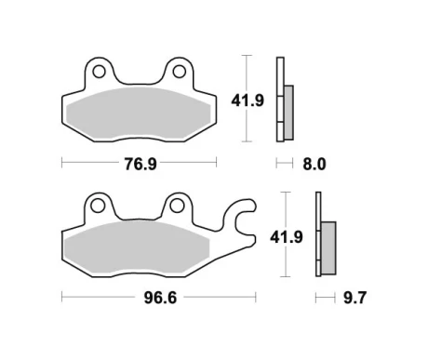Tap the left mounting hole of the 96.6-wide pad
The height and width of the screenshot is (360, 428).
point(96,204)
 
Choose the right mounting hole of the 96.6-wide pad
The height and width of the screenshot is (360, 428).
point(174,204)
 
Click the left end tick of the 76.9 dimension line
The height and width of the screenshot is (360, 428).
point(61,164)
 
